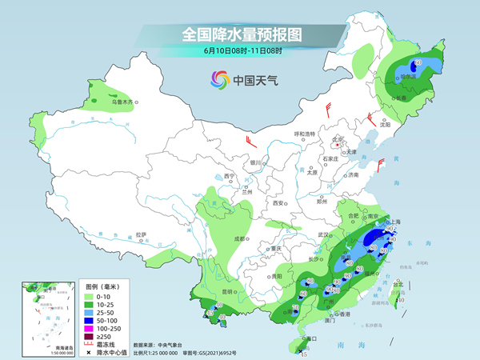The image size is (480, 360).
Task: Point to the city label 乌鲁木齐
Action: coord(122,102)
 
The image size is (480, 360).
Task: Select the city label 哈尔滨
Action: coord(411,78)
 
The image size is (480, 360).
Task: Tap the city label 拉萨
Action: coord(141,234)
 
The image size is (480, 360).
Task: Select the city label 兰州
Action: coord(248,192)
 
